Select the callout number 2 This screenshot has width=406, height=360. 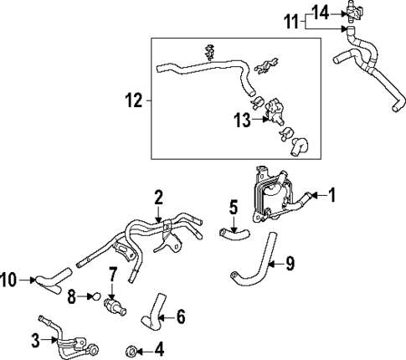(157, 197)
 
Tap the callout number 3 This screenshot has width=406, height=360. (34, 340)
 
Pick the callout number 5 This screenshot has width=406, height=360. (234, 205)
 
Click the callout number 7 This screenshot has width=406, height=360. (112, 275)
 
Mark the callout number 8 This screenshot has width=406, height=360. (71, 295)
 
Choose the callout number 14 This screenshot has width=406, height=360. (321, 11)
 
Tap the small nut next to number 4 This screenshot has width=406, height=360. (131, 348)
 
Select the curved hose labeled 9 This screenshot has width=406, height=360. (255, 263)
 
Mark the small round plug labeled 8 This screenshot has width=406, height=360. (95, 296)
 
